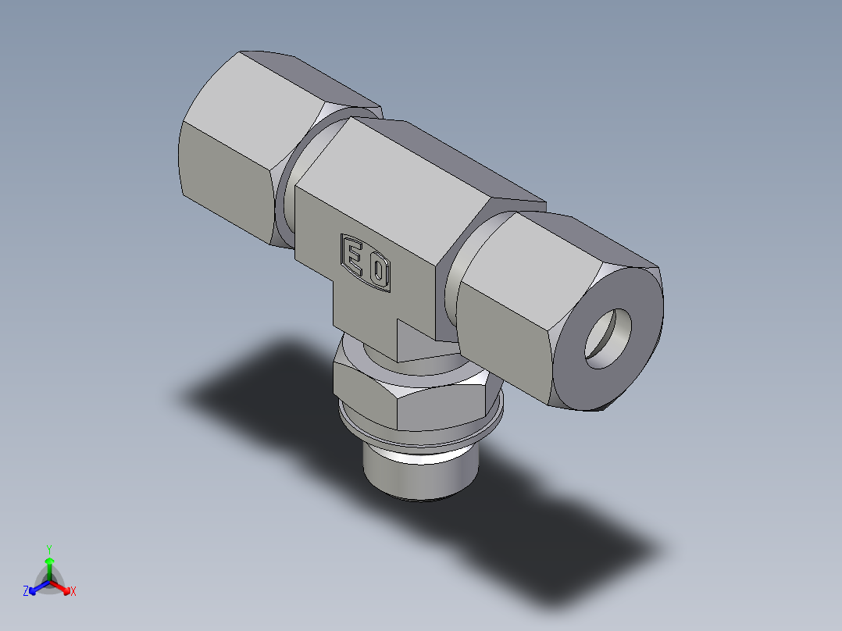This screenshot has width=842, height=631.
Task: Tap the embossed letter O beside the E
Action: (379, 273)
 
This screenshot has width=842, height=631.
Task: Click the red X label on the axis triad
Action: (73, 591)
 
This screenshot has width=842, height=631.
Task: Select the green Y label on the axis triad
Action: (49, 548)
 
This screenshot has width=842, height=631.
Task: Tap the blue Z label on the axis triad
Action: (26, 591)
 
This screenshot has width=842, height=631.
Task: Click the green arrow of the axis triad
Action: (49, 564)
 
